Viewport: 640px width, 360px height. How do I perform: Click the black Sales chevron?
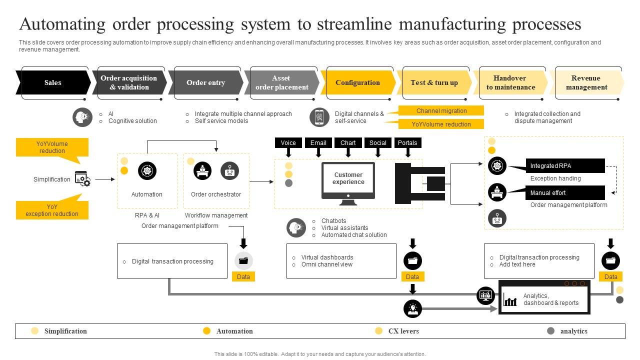(x=53, y=82)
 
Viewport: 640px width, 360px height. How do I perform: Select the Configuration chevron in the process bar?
(x=357, y=82)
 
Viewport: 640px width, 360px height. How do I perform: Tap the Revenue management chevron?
(x=586, y=82)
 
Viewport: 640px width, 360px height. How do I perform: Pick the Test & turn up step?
(x=434, y=82)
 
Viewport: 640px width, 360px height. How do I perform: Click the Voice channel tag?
(x=288, y=143)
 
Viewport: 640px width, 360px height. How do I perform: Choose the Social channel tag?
(x=378, y=143)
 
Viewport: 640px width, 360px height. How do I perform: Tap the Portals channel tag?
(x=407, y=143)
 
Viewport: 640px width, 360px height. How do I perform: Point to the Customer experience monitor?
(x=348, y=180)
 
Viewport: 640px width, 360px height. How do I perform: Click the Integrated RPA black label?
(x=565, y=166)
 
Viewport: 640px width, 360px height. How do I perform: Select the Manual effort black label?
(x=565, y=193)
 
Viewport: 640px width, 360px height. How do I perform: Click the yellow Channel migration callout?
(x=441, y=111)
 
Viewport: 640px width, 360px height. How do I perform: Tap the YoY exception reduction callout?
(x=52, y=210)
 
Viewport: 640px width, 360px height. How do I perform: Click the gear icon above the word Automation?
(x=147, y=170)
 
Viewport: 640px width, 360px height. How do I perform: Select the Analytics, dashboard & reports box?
(x=544, y=299)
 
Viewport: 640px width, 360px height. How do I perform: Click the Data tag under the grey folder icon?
(x=243, y=277)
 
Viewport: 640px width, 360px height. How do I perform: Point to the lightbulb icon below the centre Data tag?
(x=412, y=308)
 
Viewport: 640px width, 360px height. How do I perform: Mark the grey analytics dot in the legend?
(x=551, y=331)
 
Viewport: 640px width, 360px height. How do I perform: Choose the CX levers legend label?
(x=403, y=331)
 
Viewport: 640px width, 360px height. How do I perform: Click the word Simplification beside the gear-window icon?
(x=52, y=179)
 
